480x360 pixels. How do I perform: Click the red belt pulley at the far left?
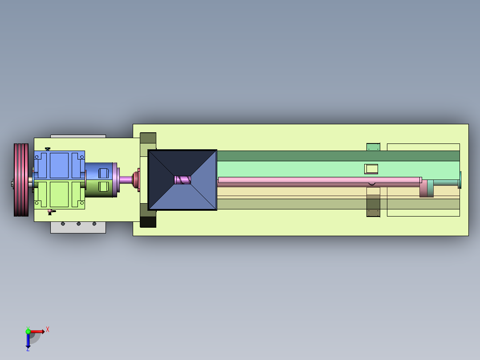pos(21,180)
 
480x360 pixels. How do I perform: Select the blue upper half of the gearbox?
pos(59,165)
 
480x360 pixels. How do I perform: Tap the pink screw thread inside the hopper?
pos(183,180)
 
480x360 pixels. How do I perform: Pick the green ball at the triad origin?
pos(28,331)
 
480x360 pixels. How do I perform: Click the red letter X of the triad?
pos(48,330)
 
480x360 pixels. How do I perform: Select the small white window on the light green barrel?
pos(371,169)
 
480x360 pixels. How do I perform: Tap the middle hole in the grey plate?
pos(79,224)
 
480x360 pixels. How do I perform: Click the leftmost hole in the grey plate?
pos(63,224)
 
